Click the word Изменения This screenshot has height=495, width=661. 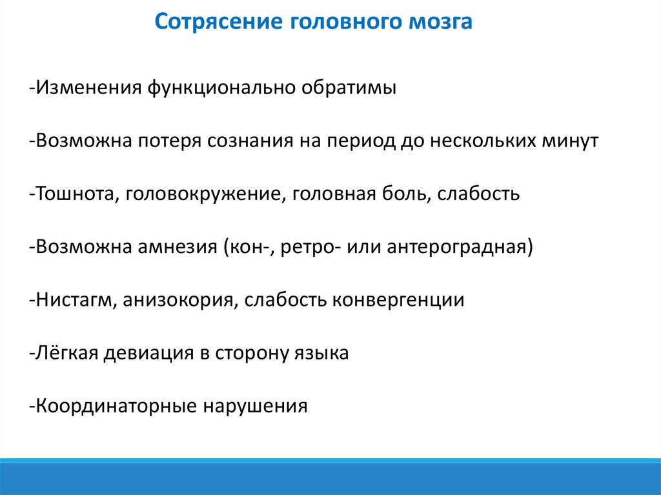click(x=88, y=88)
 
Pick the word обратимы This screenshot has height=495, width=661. click(x=349, y=88)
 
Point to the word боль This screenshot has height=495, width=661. click(x=407, y=194)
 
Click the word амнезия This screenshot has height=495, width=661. click(x=178, y=247)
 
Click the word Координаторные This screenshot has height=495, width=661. click(x=116, y=407)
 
